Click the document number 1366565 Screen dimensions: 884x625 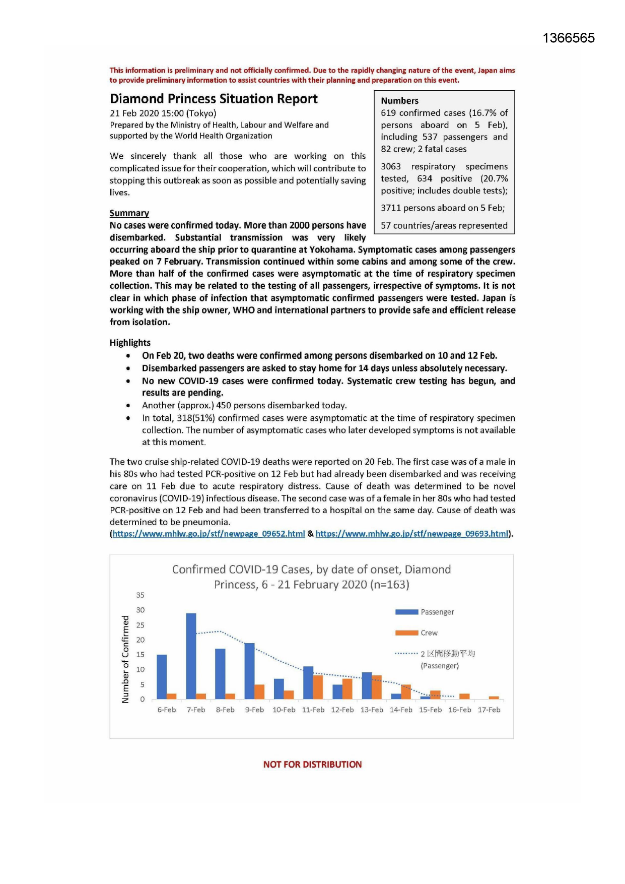tap(569, 38)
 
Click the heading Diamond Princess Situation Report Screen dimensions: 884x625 tap(214, 99)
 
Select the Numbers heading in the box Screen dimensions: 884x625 tap(399, 101)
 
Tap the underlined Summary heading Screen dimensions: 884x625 tap(129, 213)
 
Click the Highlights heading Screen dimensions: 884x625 tap(130, 343)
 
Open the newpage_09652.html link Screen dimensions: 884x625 tap(209, 534)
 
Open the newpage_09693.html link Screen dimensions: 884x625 tap(412, 534)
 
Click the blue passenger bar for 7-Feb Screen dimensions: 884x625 tap(191, 656)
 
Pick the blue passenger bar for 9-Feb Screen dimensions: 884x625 tap(249, 671)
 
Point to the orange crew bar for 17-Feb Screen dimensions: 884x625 tap(494, 698)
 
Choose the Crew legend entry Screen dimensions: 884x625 tap(429, 633)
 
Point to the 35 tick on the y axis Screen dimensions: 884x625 tap(140, 595)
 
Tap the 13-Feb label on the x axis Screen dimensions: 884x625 tap(372, 710)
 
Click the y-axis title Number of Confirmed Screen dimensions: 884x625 tap(125, 659)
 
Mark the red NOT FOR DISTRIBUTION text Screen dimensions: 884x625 tap(312, 765)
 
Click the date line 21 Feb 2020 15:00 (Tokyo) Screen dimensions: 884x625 tap(163, 113)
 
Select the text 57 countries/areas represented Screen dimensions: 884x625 tap(444, 226)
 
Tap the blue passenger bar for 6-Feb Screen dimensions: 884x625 tap(162, 677)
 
